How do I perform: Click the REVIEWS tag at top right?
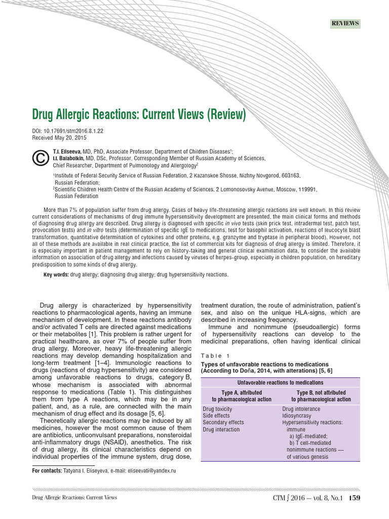point(345,23)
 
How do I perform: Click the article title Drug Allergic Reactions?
point(139,115)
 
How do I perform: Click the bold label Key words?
point(56,274)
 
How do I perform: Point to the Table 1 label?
point(215,355)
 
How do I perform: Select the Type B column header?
point(321,396)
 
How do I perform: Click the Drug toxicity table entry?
point(217,409)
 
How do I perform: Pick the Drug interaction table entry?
point(221,429)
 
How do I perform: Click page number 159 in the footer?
point(354,498)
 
